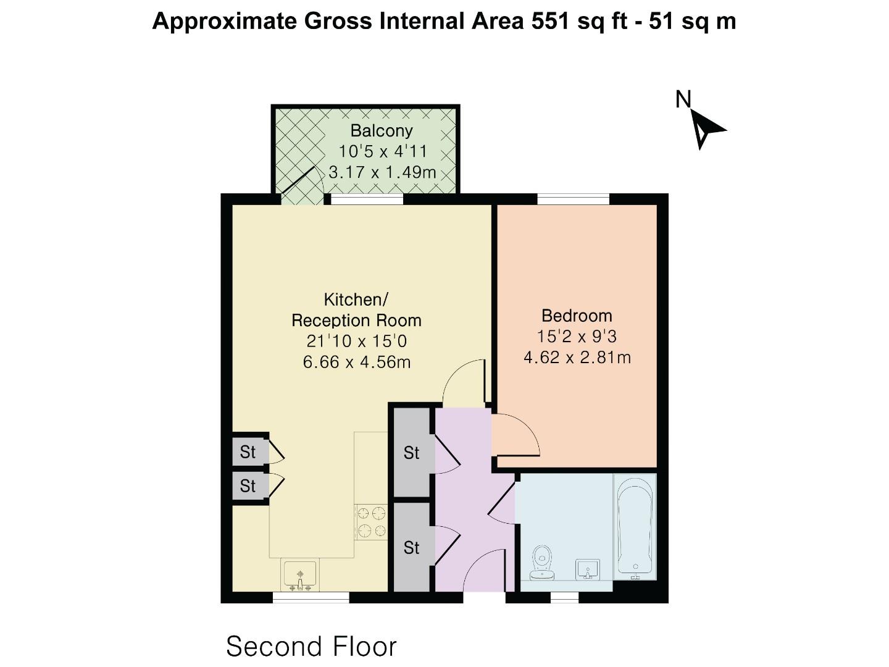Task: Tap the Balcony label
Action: pyautogui.click(x=381, y=130)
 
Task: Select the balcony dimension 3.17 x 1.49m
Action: pyautogui.click(x=382, y=172)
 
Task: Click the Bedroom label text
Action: pyautogui.click(x=577, y=316)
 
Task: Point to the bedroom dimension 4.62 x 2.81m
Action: pyautogui.click(x=577, y=358)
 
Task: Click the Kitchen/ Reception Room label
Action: pyautogui.click(x=356, y=310)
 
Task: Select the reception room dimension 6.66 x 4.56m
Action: pyautogui.click(x=356, y=362)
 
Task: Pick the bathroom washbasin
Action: pyautogui.click(x=588, y=569)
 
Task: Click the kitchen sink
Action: pyautogui.click(x=300, y=574)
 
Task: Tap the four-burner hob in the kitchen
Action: pyautogui.click(x=371, y=522)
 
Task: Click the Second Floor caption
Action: pyautogui.click(x=311, y=647)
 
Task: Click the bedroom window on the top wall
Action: pyautogui.click(x=573, y=199)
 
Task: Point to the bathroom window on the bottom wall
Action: pyautogui.click(x=564, y=597)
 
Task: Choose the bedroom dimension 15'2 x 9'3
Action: pyautogui.click(x=577, y=337)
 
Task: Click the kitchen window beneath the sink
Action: pyautogui.click(x=311, y=597)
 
